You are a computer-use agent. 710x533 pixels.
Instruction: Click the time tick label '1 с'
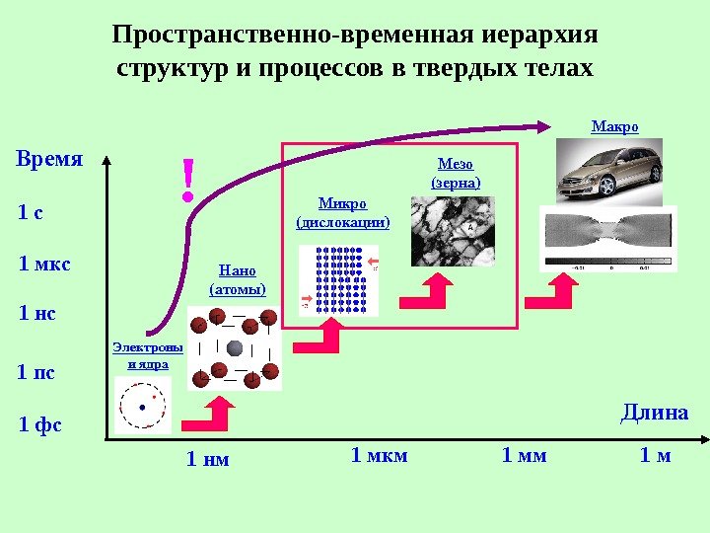click(32, 213)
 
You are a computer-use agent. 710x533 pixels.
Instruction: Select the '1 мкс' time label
click(45, 265)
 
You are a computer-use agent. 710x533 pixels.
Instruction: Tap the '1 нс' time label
click(38, 315)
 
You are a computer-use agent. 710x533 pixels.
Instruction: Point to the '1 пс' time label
click(37, 373)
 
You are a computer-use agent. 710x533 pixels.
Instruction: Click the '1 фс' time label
click(40, 425)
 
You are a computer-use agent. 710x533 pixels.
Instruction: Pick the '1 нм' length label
click(208, 458)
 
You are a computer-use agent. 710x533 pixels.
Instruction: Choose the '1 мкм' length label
click(380, 455)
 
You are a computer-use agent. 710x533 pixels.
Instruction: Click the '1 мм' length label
click(524, 455)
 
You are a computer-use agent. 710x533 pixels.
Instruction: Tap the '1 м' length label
click(655, 455)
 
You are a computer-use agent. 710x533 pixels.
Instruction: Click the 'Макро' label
click(614, 127)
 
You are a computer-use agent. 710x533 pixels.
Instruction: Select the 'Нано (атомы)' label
click(238, 279)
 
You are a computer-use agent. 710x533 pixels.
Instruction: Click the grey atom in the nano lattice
click(235, 348)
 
